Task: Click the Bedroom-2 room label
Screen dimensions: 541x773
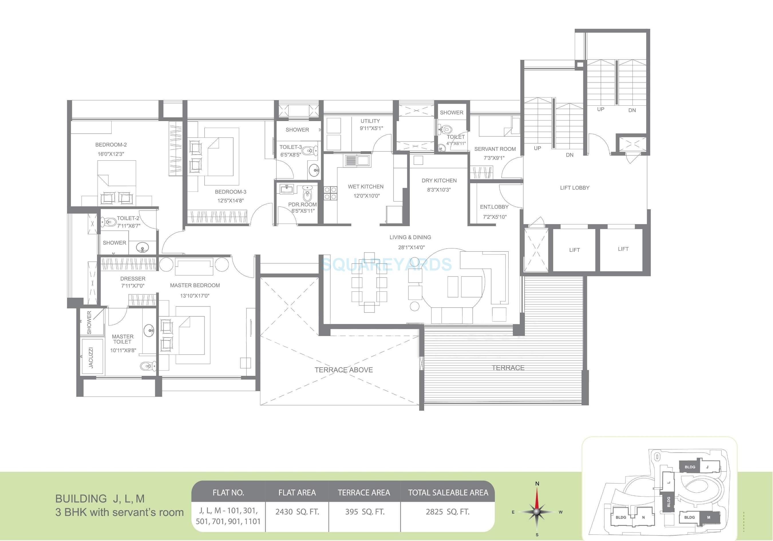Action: [x=111, y=145]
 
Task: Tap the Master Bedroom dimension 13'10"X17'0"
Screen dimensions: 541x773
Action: [x=195, y=296]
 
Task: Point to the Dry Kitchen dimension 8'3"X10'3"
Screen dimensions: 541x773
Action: [x=439, y=190]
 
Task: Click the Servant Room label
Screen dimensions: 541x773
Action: [x=495, y=149]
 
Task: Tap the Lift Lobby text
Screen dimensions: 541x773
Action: [x=574, y=188]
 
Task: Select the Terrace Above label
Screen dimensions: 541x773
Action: [x=343, y=370]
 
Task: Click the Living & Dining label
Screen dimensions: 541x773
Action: [x=410, y=237]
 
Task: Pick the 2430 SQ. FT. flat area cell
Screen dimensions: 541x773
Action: [x=297, y=512]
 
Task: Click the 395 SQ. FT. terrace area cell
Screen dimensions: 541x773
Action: [x=365, y=512]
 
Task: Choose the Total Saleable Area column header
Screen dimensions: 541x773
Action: [x=448, y=493]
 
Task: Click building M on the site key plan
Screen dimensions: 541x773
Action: [x=708, y=518]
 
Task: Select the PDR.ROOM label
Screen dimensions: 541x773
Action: [x=302, y=204]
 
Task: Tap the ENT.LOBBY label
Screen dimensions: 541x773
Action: [x=494, y=207]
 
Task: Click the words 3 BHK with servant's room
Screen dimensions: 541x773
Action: [x=120, y=512]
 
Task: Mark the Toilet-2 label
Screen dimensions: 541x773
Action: [x=128, y=218]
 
